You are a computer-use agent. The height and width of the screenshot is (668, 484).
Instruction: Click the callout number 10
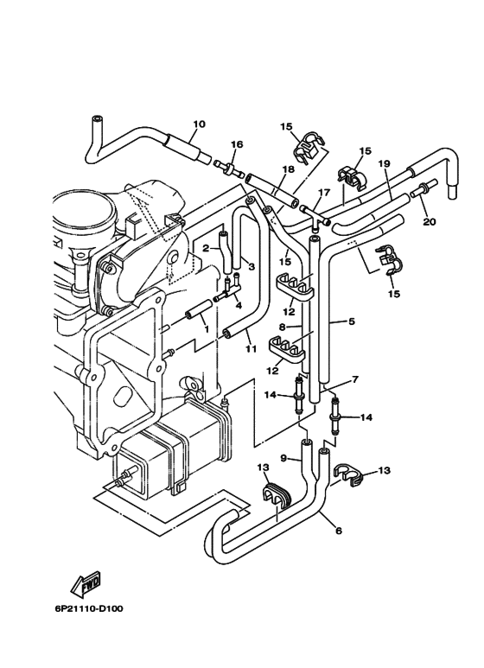coord(199,124)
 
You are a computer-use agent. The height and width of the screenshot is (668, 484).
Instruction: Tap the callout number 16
coord(237,144)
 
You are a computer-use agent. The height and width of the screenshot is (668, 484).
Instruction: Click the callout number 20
coord(430,221)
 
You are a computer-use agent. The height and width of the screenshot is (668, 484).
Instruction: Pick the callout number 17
coord(324,194)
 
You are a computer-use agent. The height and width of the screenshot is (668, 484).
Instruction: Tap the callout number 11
coord(251,349)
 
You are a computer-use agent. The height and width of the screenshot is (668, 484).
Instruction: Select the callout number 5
coord(352,322)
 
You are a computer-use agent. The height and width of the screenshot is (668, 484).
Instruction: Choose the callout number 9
coord(283,459)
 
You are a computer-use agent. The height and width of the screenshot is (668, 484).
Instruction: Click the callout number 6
coord(337,531)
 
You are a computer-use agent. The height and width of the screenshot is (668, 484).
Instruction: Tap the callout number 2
coord(207,248)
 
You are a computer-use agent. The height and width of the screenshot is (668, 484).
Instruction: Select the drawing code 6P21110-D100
coord(83,608)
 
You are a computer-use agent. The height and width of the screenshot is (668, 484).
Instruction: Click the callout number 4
coord(239,304)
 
